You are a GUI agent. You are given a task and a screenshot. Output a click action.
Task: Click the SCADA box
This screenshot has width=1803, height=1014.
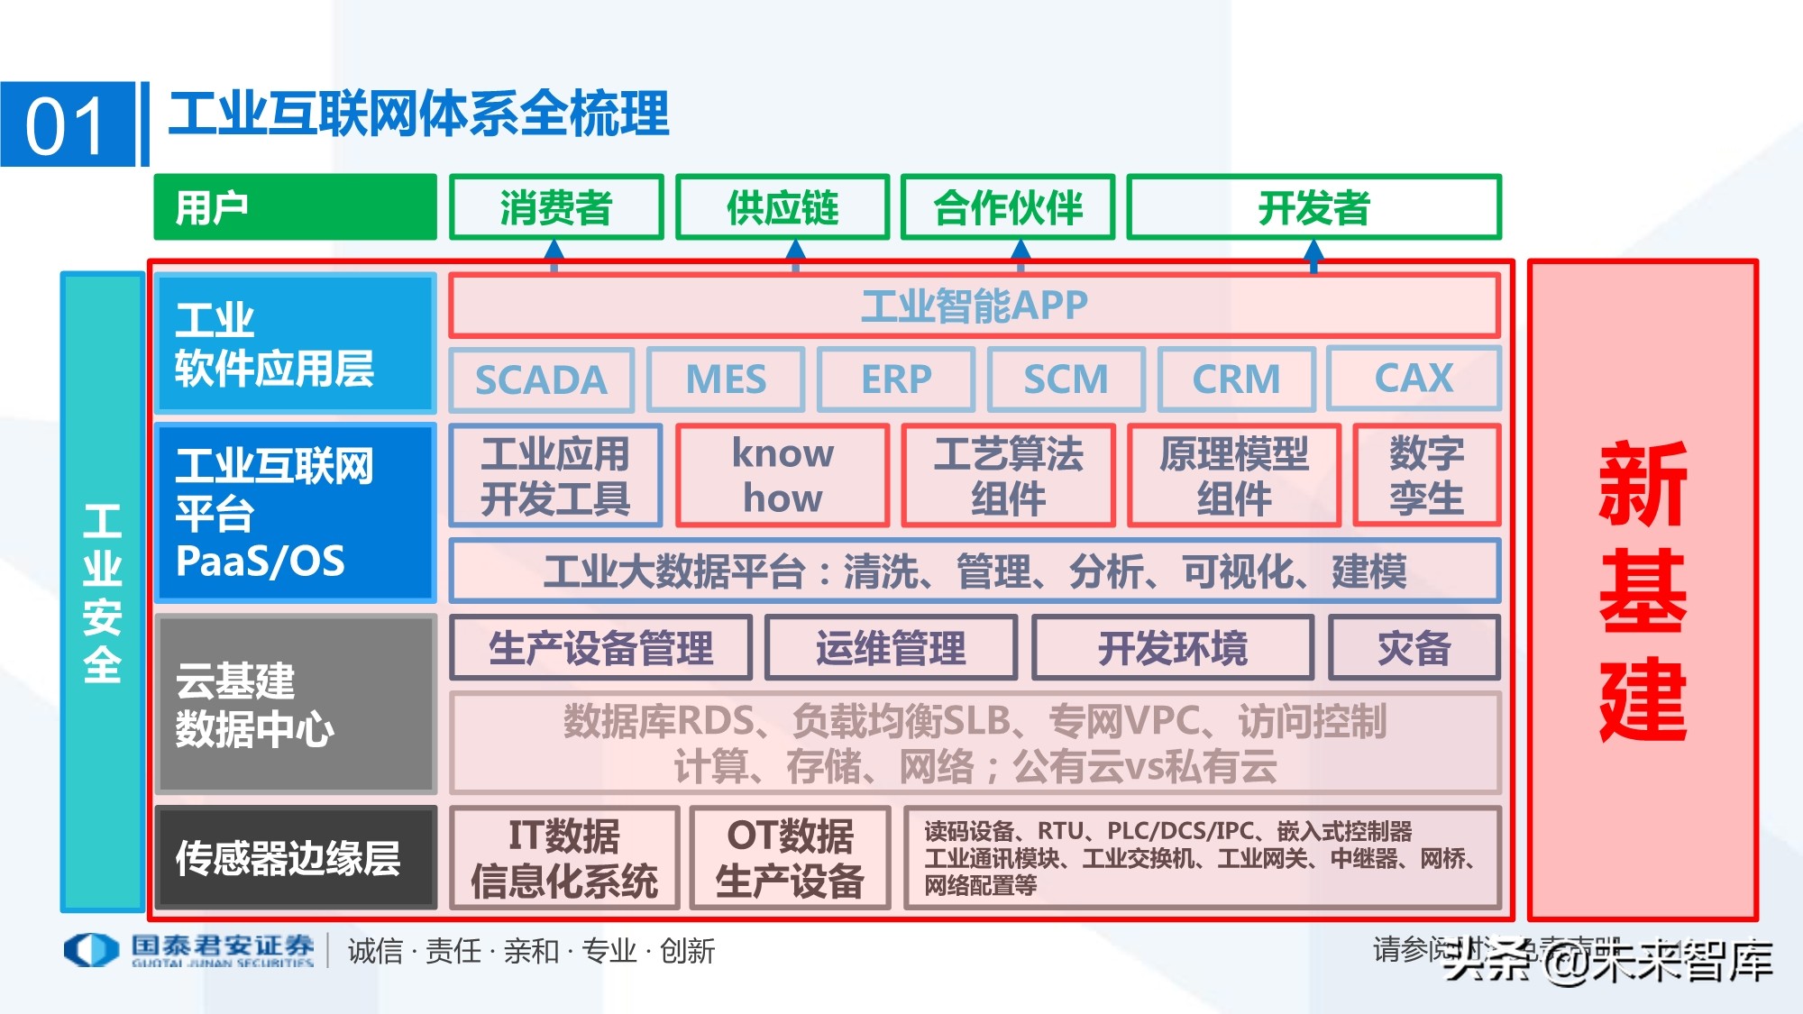click(541, 379)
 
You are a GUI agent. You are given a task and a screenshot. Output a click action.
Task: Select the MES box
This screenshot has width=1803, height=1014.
click(726, 379)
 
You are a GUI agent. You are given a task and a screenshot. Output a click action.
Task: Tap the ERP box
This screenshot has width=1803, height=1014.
click(896, 379)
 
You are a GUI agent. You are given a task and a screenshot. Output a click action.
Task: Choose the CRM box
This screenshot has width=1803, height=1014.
click(1236, 379)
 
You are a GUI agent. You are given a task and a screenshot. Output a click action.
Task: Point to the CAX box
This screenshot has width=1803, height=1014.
click(1414, 379)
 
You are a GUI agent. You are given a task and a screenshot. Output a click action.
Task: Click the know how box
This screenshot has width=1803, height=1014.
click(783, 475)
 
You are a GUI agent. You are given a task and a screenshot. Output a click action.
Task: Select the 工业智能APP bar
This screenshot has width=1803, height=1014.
click(974, 306)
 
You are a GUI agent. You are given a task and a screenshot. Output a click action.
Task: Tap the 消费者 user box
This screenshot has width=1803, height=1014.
click(556, 207)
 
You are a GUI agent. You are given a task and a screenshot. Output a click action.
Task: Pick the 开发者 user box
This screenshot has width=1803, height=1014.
click(1313, 207)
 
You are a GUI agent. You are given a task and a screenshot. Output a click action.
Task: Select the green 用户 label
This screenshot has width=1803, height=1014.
click(295, 207)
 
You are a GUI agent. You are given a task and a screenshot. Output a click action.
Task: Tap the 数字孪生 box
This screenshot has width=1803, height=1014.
click(1426, 475)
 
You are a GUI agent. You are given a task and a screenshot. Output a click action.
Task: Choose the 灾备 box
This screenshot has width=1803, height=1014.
click(1414, 647)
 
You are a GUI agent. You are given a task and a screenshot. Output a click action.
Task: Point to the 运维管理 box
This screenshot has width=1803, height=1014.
click(891, 647)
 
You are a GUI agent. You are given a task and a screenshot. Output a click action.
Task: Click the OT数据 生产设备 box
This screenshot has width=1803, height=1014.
click(790, 858)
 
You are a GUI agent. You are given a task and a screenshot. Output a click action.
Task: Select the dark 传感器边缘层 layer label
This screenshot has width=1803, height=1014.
click(295, 858)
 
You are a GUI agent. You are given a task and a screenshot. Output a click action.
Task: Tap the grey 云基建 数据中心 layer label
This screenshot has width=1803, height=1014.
click(295, 704)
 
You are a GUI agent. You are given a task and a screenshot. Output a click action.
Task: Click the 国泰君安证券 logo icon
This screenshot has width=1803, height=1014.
click(90, 950)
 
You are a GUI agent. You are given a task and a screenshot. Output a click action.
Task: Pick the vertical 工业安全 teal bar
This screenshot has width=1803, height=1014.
click(102, 592)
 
